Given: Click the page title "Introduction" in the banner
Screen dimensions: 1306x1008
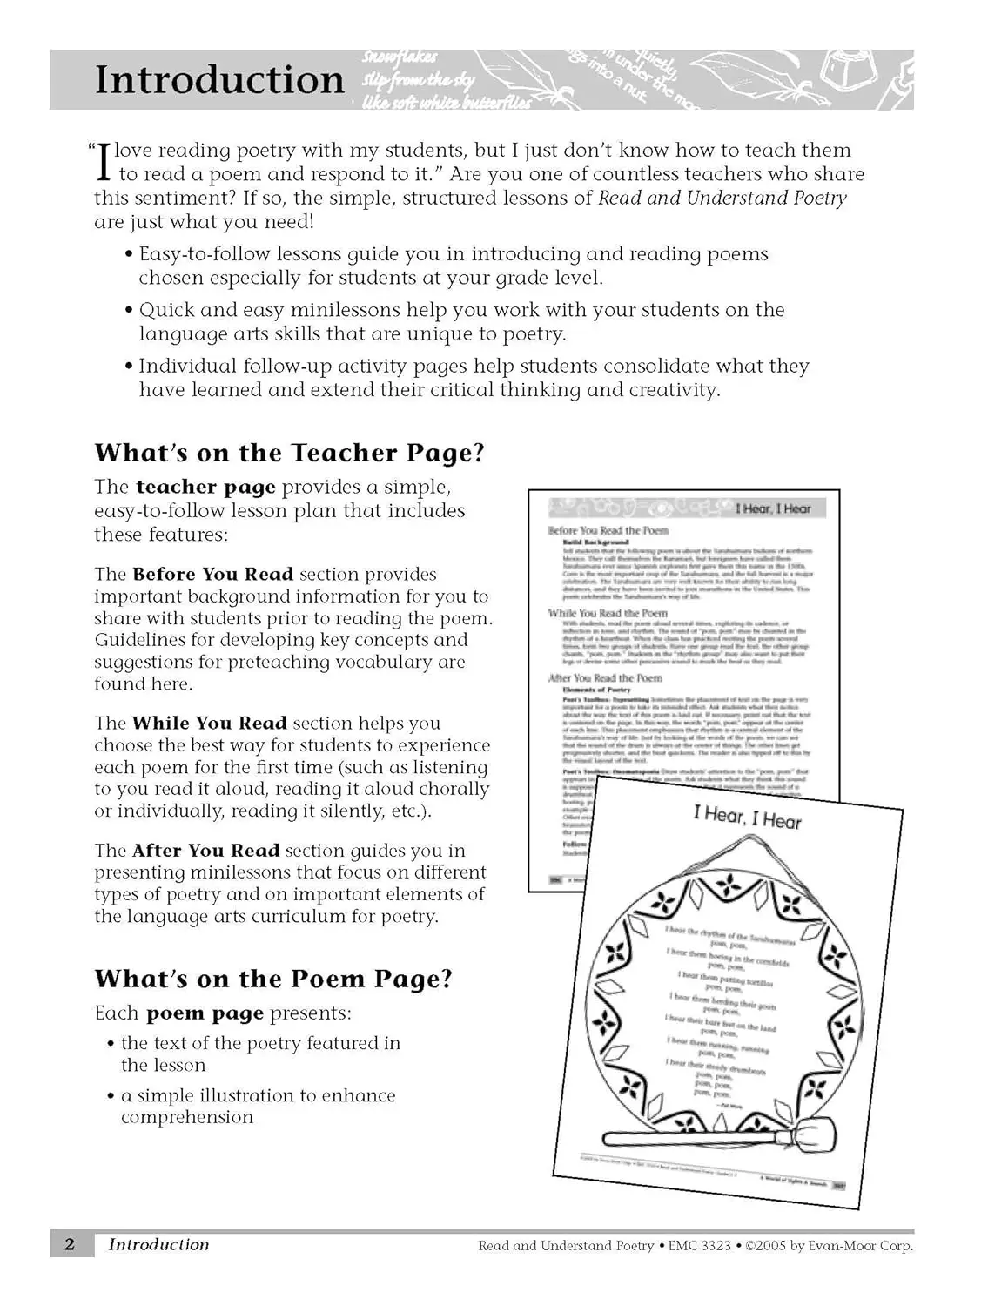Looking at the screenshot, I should [219, 79].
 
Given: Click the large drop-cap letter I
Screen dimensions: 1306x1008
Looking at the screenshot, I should [104, 162].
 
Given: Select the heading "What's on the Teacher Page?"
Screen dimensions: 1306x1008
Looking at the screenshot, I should [289, 453].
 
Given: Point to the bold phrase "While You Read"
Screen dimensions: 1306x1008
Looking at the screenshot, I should [209, 724].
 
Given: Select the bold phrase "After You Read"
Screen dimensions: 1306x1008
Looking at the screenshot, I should [205, 851].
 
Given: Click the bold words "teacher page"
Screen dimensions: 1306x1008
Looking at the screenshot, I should [205, 487].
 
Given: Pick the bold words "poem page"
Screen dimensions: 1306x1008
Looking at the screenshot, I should [205, 1013].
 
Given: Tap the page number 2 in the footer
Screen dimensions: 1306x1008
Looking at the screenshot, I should [70, 1244].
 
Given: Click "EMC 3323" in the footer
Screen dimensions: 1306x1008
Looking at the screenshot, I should [699, 1246].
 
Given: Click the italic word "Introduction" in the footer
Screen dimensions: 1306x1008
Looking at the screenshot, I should [158, 1244].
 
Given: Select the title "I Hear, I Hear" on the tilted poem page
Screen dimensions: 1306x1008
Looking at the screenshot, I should [747, 818].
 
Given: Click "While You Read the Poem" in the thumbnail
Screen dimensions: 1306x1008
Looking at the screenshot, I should [608, 613].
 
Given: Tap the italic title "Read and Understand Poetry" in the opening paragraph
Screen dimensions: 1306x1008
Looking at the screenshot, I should [722, 198].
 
